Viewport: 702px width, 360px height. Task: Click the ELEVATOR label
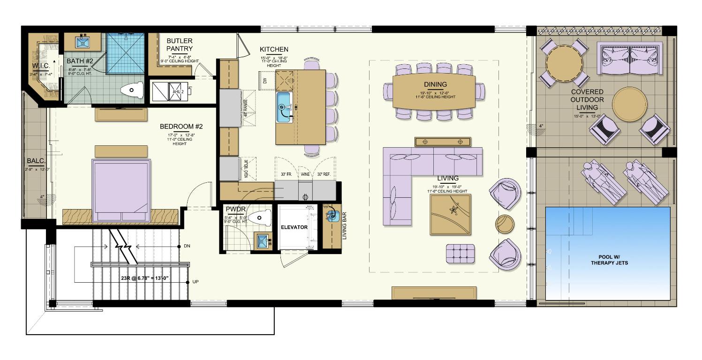tap(294, 227)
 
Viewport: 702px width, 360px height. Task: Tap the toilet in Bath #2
tap(132, 90)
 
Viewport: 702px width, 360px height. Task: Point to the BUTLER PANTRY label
tap(180, 45)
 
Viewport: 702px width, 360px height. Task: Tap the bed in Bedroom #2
tap(122, 189)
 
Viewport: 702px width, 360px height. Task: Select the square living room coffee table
tap(450, 214)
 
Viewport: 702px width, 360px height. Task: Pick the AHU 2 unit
tap(177, 91)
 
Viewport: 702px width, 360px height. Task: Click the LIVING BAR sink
tap(332, 216)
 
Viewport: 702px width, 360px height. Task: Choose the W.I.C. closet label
tap(44, 65)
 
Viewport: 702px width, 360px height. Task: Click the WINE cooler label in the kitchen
tap(305, 174)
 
